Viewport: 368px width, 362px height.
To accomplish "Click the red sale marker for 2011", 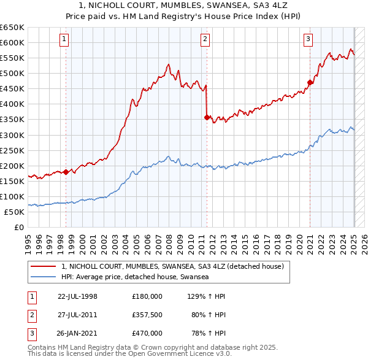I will tap(207, 117).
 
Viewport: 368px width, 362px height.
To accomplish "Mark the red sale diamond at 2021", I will tap(310, 82).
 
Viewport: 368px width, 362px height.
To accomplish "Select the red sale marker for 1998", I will tap(66, 171).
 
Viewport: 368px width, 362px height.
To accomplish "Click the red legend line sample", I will tap(43, 267).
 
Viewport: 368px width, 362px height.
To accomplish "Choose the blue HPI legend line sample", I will tap(43, 277).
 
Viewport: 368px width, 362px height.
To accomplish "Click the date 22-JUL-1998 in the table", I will tap(77, 296).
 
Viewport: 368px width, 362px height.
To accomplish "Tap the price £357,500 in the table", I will tap(147, 315).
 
